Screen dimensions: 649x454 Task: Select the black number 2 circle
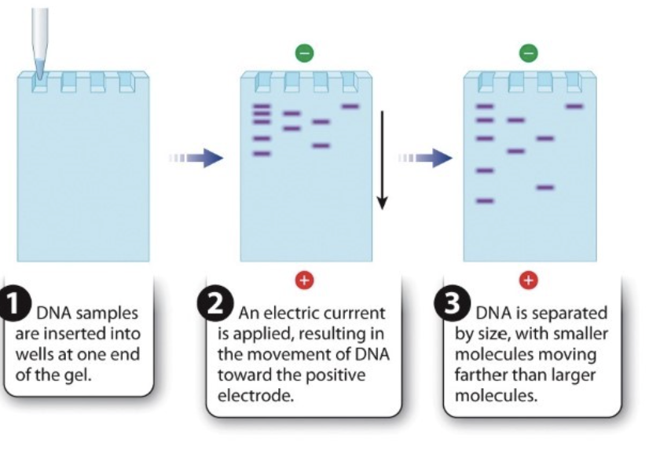[x=215, y=304]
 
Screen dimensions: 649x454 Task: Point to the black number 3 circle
[x=452, y=304]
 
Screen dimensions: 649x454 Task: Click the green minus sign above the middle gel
[x=304, y=53]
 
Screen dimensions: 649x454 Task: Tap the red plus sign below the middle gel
[x=304, y=280]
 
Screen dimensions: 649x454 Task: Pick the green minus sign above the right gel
[x=529, y=53]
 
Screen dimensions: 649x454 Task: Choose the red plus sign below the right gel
[x=529, y=280]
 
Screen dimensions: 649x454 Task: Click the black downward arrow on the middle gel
[x=382, y=160]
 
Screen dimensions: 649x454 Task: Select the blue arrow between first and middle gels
[x=196, y=158]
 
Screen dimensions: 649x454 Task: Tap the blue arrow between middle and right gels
[x=425, y=158]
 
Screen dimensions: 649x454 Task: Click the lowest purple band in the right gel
[x=485, y=201]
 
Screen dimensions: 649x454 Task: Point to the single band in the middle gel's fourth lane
[x=350, y=106]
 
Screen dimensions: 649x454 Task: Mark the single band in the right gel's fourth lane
[x=574, y=106]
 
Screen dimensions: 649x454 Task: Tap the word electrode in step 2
[x=255, y=396]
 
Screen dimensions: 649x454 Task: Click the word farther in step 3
[x=481, y=375]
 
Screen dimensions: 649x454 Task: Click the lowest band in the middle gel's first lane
[x=262, y=153]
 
